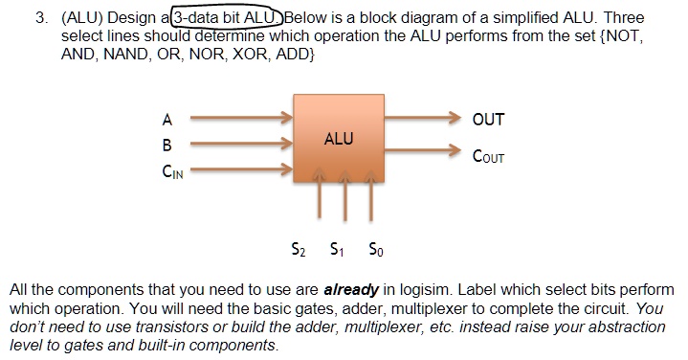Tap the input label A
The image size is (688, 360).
tap(167, 120)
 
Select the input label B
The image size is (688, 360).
tap(167, 146)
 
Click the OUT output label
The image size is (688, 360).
tap(488, 120)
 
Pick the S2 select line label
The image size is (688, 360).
tap(300, 252)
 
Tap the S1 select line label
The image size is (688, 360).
tap(336, 252)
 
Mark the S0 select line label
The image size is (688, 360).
tap(371, 252)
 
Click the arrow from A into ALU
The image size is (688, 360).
tap(239, 120)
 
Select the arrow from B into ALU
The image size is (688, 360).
tap(239, 146)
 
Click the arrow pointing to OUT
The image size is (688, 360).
tap(421, 120)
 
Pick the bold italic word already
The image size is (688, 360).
tap(353, 290)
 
